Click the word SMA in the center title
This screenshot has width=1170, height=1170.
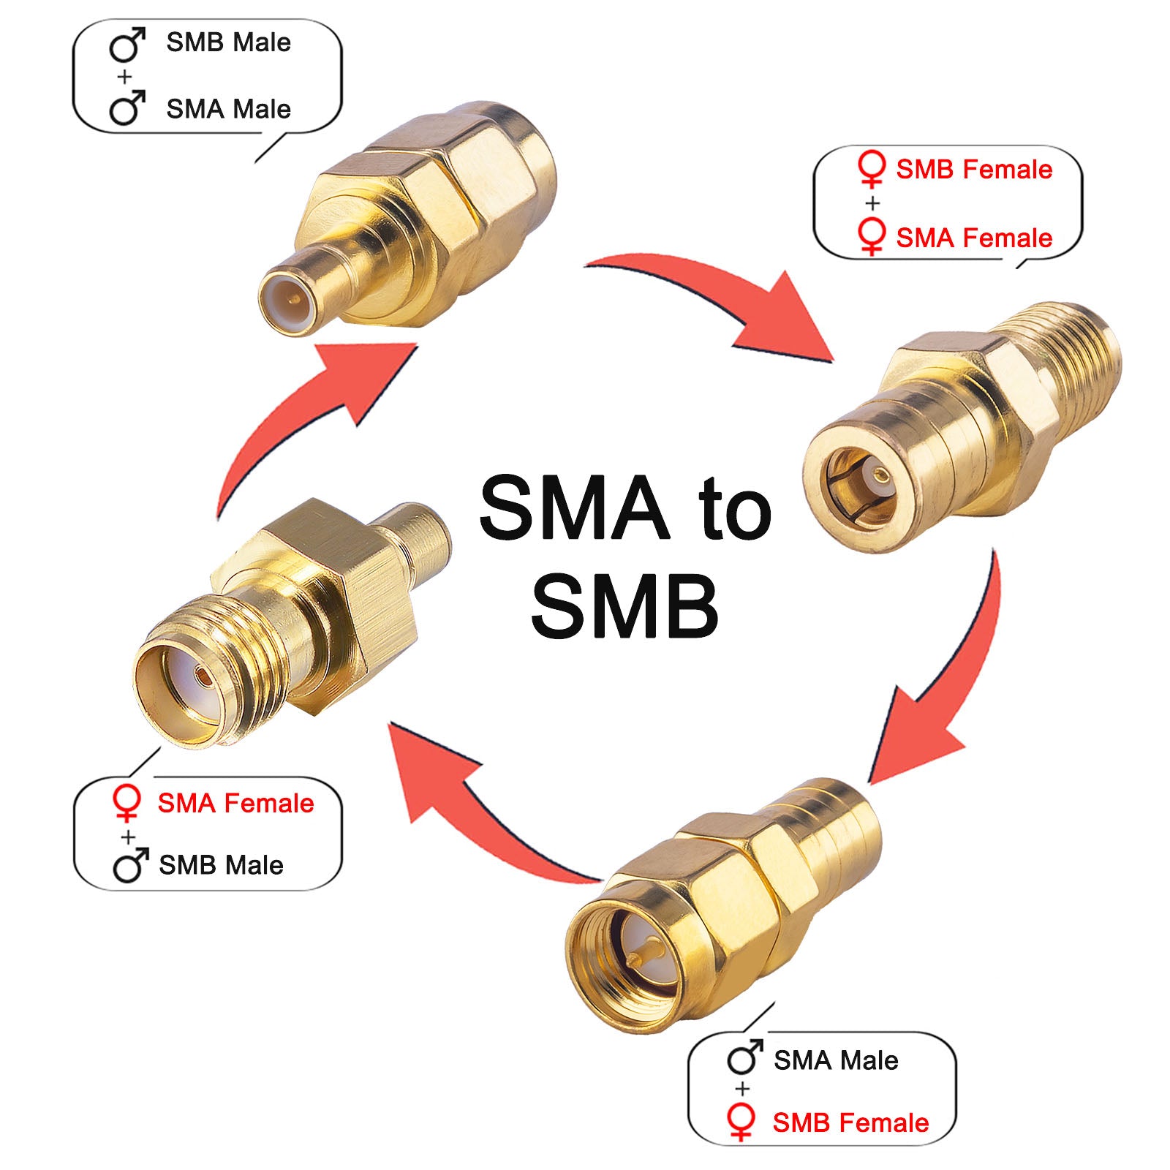click(x=574, y=507)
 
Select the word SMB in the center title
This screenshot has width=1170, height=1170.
click(x=624, y=606)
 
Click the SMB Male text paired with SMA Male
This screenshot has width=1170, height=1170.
click(x=228, y=42)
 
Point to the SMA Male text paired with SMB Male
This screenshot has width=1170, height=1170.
click(x=228, y=109)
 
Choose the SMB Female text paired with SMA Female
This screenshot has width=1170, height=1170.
click(x=974, y=170)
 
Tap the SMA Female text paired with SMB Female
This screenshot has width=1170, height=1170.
click(x=974, y=238)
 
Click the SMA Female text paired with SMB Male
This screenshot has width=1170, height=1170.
click(x=235, y=803)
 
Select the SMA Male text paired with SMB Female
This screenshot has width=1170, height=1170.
click(x=836, y=1060)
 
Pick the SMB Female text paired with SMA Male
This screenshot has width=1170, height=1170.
click(x=850, y=1122)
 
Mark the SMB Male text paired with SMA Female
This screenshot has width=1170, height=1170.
click(x=221, y=865)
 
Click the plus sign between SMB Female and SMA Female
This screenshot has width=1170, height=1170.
click(x=872, y=203)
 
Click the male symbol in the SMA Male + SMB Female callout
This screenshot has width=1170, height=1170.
click(x=745, y=1057)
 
